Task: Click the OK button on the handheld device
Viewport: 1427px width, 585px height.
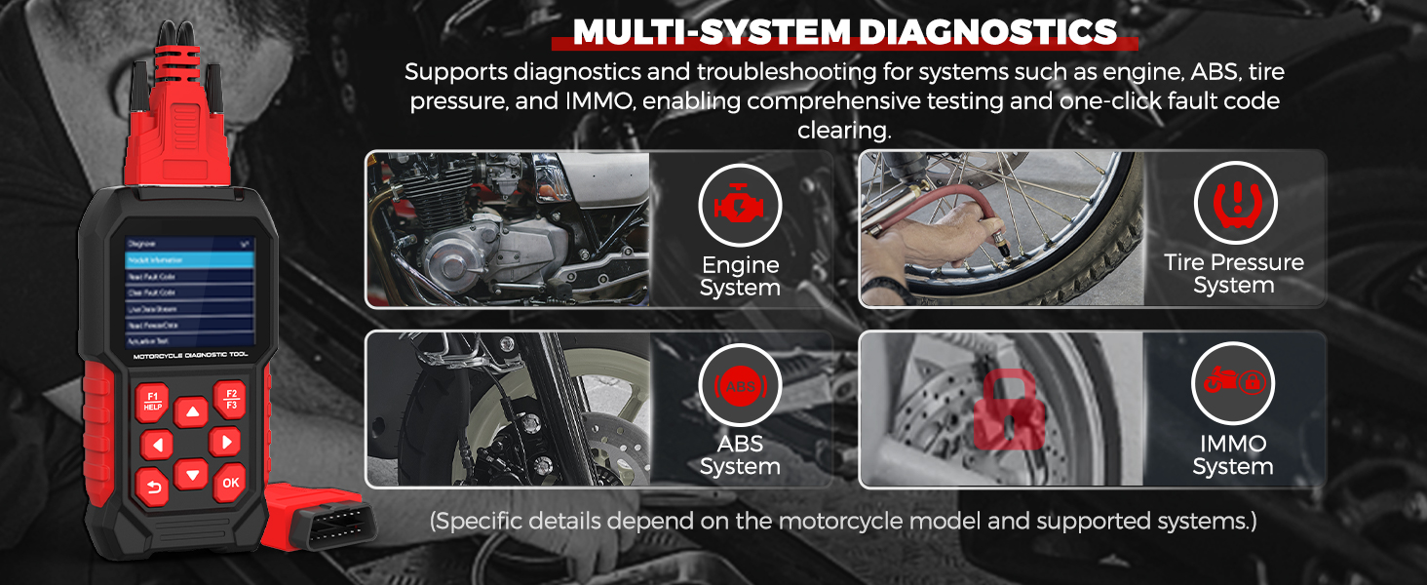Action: point(230,482)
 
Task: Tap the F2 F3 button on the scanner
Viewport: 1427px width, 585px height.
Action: point(232,399)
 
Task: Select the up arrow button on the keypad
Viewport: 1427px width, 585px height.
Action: point(192,412)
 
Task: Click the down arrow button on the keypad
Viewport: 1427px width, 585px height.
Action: point(192,475)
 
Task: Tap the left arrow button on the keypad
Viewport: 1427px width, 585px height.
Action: point(156,445)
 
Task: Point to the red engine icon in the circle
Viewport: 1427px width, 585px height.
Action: point(740,205)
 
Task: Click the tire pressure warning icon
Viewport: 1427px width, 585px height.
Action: point(1234,203)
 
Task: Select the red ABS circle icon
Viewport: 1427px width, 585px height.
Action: point(740,385)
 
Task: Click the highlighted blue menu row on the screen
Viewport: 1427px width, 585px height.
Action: point(190,260)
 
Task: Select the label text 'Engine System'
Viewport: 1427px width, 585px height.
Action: point(740,276)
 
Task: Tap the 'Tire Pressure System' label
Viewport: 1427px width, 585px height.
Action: point(1233,274)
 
